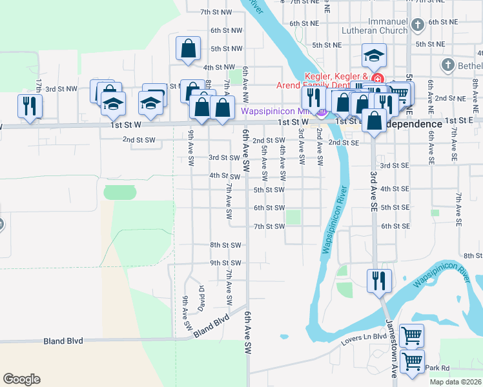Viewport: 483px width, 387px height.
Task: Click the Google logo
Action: click(21, 379)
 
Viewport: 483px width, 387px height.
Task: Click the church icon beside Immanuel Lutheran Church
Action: click(418, 25)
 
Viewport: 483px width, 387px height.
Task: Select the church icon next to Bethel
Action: click(447, 64)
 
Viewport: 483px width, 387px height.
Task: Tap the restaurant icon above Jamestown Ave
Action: click(378, 281)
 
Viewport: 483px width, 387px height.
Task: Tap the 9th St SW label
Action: click(225, 263)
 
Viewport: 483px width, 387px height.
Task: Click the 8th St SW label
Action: click(225, 245)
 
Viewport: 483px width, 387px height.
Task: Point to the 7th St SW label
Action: click(269, 226)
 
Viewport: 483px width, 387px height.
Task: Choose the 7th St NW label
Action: click(216, 12)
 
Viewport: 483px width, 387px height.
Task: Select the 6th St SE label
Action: click(396, 226)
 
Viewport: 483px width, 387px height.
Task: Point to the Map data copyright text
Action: click(455, 382)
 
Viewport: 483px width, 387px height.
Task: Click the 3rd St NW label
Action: click(61, 89)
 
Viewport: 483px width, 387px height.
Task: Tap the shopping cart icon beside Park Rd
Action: click(411, 361)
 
